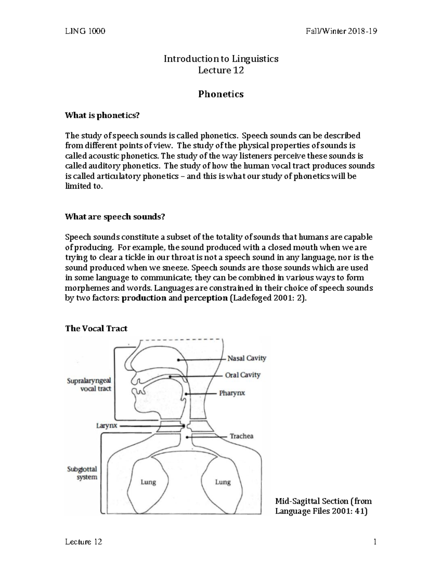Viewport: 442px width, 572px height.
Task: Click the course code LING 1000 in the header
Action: coord(85,31)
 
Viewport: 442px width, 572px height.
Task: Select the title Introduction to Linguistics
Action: coord(221,59)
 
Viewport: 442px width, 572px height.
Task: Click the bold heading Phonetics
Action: coord(221,94)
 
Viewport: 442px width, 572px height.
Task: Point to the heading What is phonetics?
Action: coord(102,116)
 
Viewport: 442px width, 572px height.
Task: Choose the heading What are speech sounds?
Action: coord(115,217)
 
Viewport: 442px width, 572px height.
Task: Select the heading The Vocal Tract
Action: coord(96,329)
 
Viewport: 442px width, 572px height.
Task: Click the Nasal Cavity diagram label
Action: coord(246,358)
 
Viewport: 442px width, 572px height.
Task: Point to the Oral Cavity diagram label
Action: coord(242,375)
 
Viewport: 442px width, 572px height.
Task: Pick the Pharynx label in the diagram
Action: coord(232,393)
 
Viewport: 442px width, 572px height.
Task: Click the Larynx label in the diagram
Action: coord(106,425)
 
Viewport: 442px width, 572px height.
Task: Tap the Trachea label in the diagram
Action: coord(242,436)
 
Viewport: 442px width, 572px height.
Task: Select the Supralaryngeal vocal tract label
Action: coord(89,385)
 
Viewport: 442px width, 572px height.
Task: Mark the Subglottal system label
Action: coord(82,473)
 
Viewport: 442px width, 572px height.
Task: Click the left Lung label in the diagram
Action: coord(148,482)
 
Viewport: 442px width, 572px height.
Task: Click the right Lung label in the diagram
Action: coord(222,482)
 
